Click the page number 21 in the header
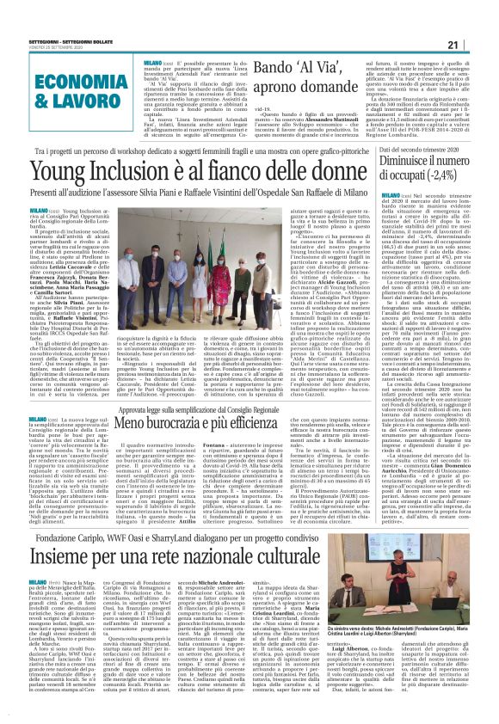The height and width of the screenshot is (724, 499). (x=474, y=45)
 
